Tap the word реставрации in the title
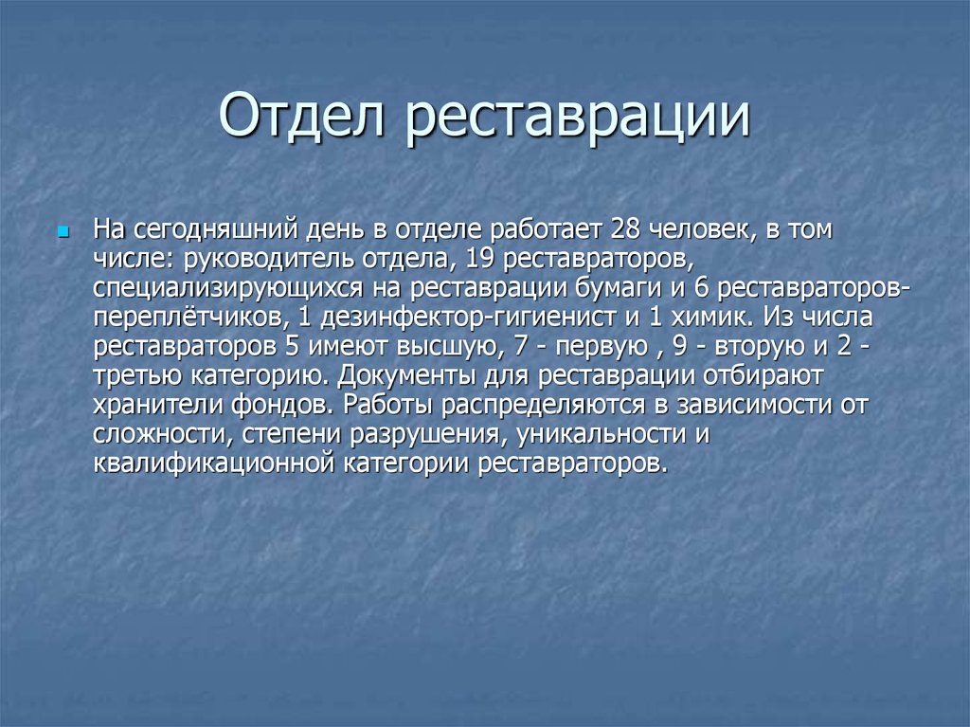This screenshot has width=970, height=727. (580, 119)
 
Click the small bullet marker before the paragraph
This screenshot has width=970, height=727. (64, 230)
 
